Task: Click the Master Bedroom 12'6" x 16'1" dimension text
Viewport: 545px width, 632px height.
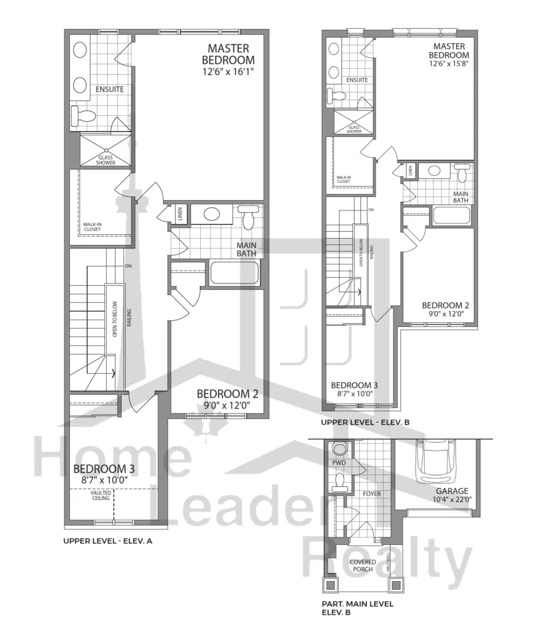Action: point(228,72)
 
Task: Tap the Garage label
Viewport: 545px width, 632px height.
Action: point(452,491)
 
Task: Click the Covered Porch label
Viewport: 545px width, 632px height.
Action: point(363,566)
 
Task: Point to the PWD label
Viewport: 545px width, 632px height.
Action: point(339,463)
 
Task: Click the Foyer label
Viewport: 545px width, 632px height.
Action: point(372,494)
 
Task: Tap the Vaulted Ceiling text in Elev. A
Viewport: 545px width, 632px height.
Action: point(101,495)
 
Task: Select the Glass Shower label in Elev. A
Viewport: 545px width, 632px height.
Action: point(106,160)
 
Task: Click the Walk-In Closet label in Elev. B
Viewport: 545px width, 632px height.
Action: point(344,179)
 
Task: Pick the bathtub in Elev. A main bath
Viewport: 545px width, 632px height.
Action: point(234,274)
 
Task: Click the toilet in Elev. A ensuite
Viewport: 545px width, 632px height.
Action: point(83,115)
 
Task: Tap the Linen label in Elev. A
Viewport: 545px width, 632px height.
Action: point(180,213)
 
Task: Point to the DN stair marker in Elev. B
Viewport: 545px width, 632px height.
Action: point(371,210)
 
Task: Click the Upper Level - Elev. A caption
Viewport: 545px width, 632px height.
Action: point(107,541)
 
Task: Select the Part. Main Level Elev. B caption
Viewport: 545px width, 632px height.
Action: point(357,608)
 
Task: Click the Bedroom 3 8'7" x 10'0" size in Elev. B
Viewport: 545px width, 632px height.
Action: point(355,394)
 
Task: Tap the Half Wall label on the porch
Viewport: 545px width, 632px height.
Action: point(388,561)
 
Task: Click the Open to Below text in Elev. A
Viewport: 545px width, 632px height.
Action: point(115,319)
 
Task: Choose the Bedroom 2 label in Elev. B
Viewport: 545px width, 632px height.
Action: point(446,306)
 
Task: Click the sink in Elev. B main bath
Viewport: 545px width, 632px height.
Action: point(434,170)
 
